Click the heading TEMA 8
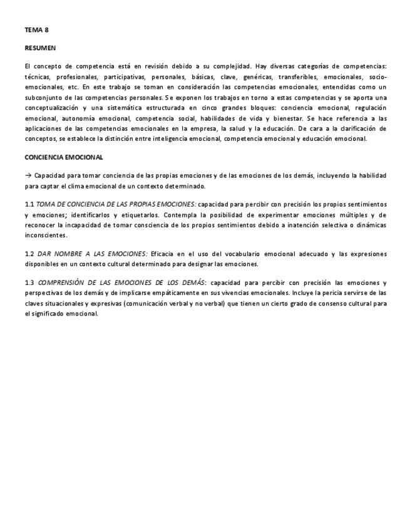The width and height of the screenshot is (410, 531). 36,29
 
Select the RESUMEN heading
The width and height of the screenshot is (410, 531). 40,48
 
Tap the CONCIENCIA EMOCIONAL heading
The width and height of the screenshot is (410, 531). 64,157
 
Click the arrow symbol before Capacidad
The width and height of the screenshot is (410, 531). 28,176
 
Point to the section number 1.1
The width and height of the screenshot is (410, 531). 29,205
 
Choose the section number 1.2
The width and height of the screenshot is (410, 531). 29,254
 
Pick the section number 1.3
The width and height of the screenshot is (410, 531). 29,283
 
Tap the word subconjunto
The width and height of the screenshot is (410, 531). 43,98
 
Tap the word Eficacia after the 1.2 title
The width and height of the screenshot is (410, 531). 163,254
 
